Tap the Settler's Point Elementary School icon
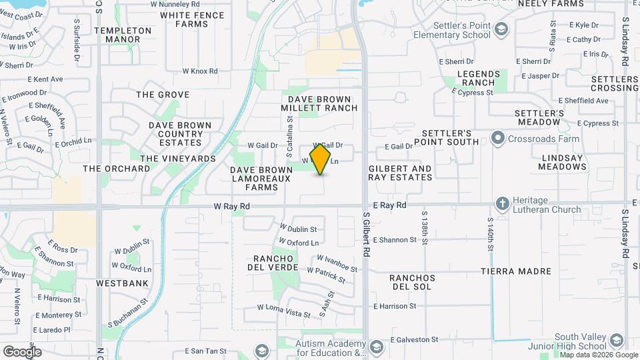(x=501, y=29)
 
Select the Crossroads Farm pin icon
(x=497, y=139)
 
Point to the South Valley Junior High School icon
(x=616, y=341)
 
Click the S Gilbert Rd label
(x=366, y=235)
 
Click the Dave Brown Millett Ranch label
(x=319, y=103)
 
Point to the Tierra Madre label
(x=516, y=271)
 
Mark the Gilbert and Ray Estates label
(x=400, y=173)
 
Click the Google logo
(x=22, y=352)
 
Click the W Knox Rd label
(x=200, y=71)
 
